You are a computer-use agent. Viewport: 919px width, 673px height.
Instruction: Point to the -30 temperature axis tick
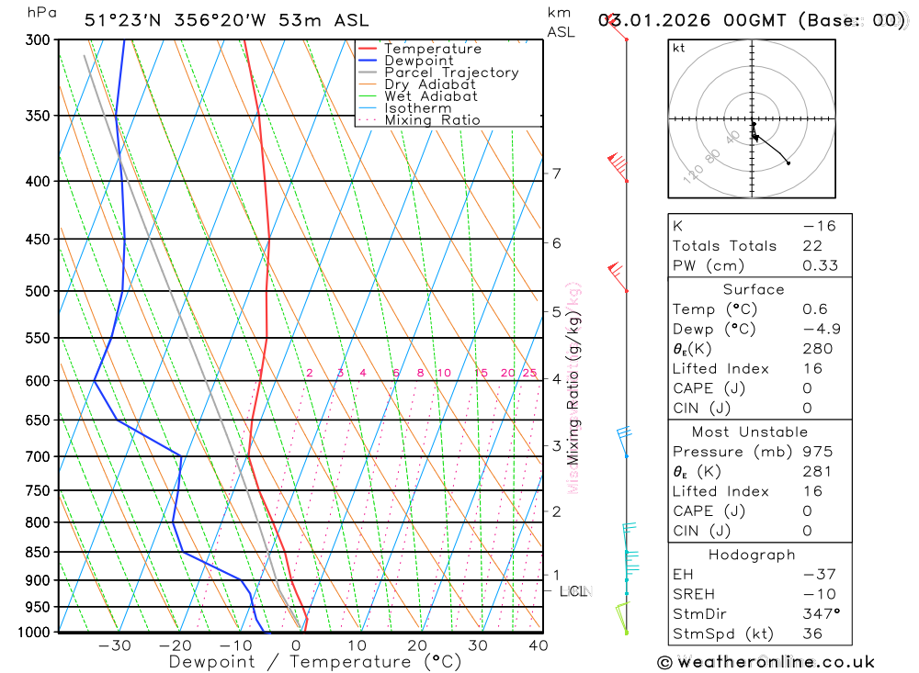click(114, 645)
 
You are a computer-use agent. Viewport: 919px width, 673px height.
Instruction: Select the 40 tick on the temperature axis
click(539, 645)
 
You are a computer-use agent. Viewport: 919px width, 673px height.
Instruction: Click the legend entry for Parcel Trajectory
click(451, 73)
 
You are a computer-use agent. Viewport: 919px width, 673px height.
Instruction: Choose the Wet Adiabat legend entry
click(431, 96)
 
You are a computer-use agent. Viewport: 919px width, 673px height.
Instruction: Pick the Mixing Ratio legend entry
click(432, 120)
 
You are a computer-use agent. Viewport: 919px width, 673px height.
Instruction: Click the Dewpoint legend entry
click(419, 61)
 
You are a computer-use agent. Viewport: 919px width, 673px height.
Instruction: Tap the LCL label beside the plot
click(573, 591)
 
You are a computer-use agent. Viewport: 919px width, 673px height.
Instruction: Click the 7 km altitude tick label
click(556, 173)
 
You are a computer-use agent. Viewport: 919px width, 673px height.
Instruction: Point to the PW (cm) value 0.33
click(820, 265)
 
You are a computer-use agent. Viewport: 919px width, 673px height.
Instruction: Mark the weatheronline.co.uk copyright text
click(766, 661)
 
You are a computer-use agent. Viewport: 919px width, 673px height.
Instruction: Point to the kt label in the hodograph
click(679, 48)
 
